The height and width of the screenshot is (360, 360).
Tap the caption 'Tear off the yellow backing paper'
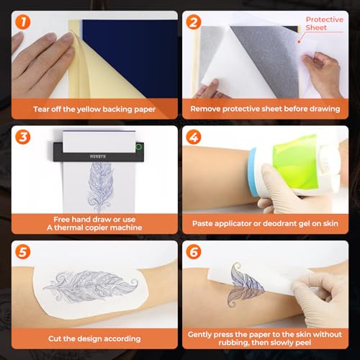pyautogui.click(x=91, y=109)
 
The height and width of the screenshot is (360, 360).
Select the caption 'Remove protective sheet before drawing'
pyautogui.click(x=268, y=109)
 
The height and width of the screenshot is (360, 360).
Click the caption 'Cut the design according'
pyautogui.click(x=91, y=335)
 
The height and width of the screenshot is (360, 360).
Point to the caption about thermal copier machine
pyautogui.click(x=91, y=222)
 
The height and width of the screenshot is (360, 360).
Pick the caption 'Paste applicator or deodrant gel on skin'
pyautogui.click(x=268, y=223)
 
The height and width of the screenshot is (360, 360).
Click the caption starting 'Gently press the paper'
pyautogui.click(x=268, y=339)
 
